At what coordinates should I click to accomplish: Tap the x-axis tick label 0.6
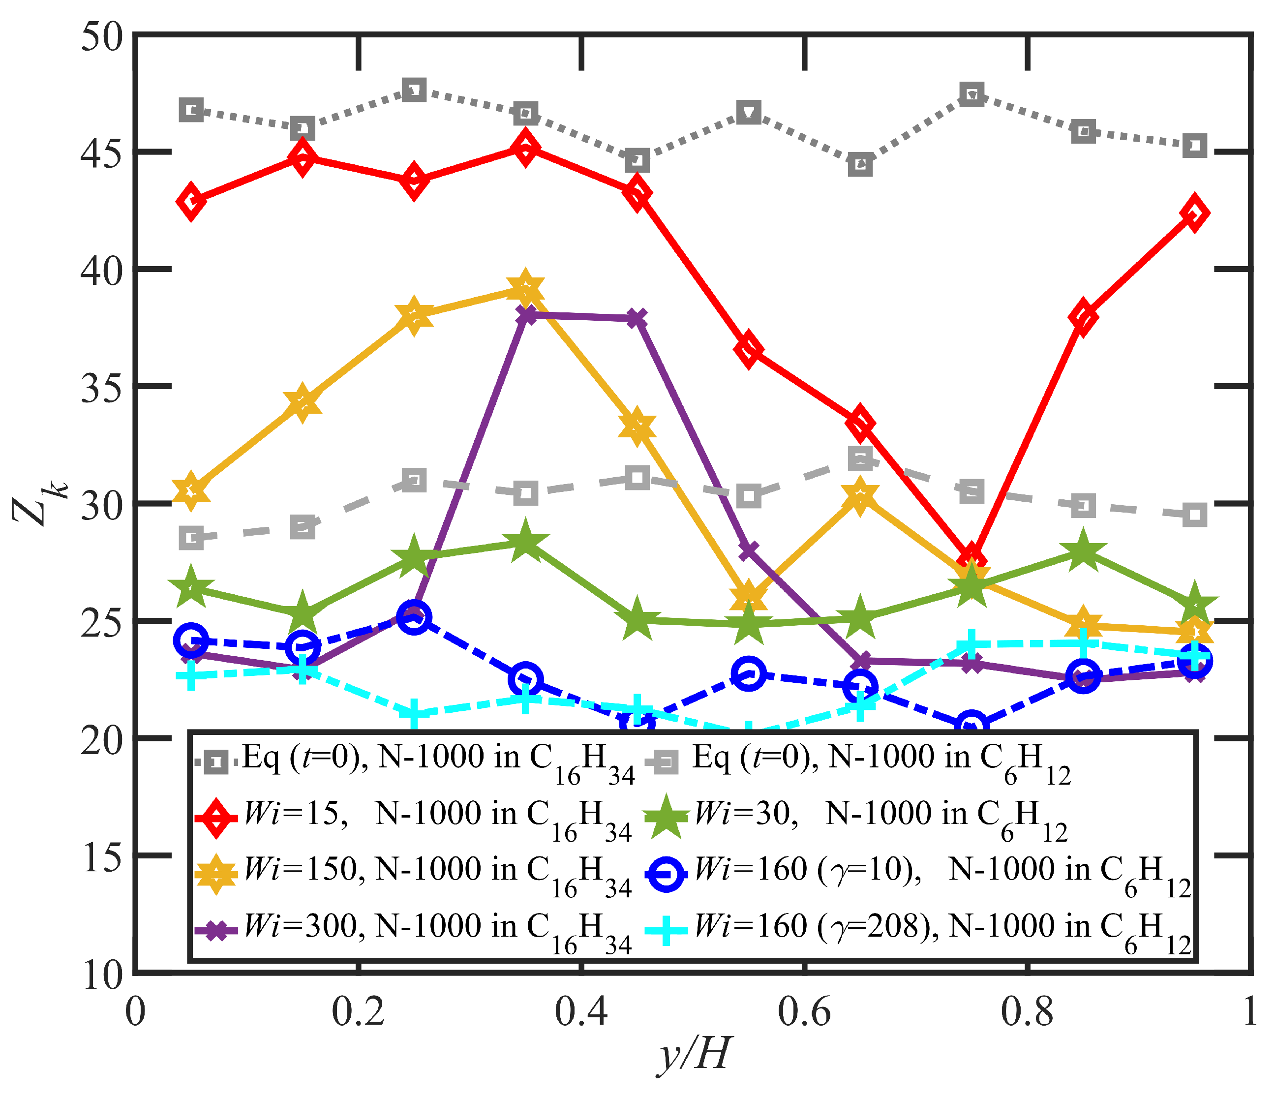click(804, 1012)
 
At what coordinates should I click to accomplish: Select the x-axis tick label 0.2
click(358, 1012)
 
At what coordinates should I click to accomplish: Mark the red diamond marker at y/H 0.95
click(1194, 213)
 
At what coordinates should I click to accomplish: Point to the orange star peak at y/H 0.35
click(525, 288)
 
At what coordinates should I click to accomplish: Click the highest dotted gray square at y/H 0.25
click(414, 91)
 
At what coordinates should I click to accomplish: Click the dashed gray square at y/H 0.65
click(860, 458)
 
